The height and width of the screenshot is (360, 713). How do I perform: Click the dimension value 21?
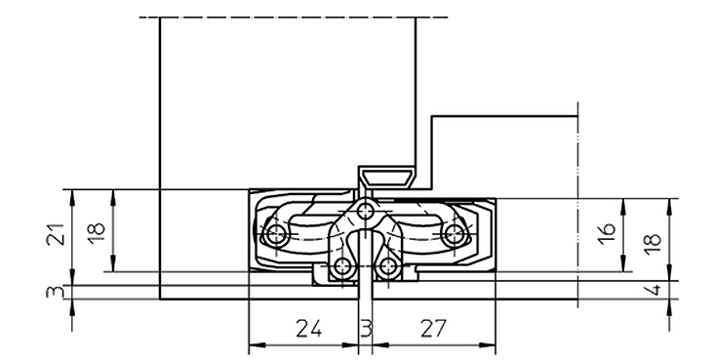55,234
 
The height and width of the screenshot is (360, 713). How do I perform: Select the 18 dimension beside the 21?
96,233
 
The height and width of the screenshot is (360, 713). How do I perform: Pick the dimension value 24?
309,328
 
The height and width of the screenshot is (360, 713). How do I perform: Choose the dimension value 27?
433,328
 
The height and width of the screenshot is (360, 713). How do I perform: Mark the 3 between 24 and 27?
366,328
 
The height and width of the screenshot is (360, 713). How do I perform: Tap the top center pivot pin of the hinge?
365,211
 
